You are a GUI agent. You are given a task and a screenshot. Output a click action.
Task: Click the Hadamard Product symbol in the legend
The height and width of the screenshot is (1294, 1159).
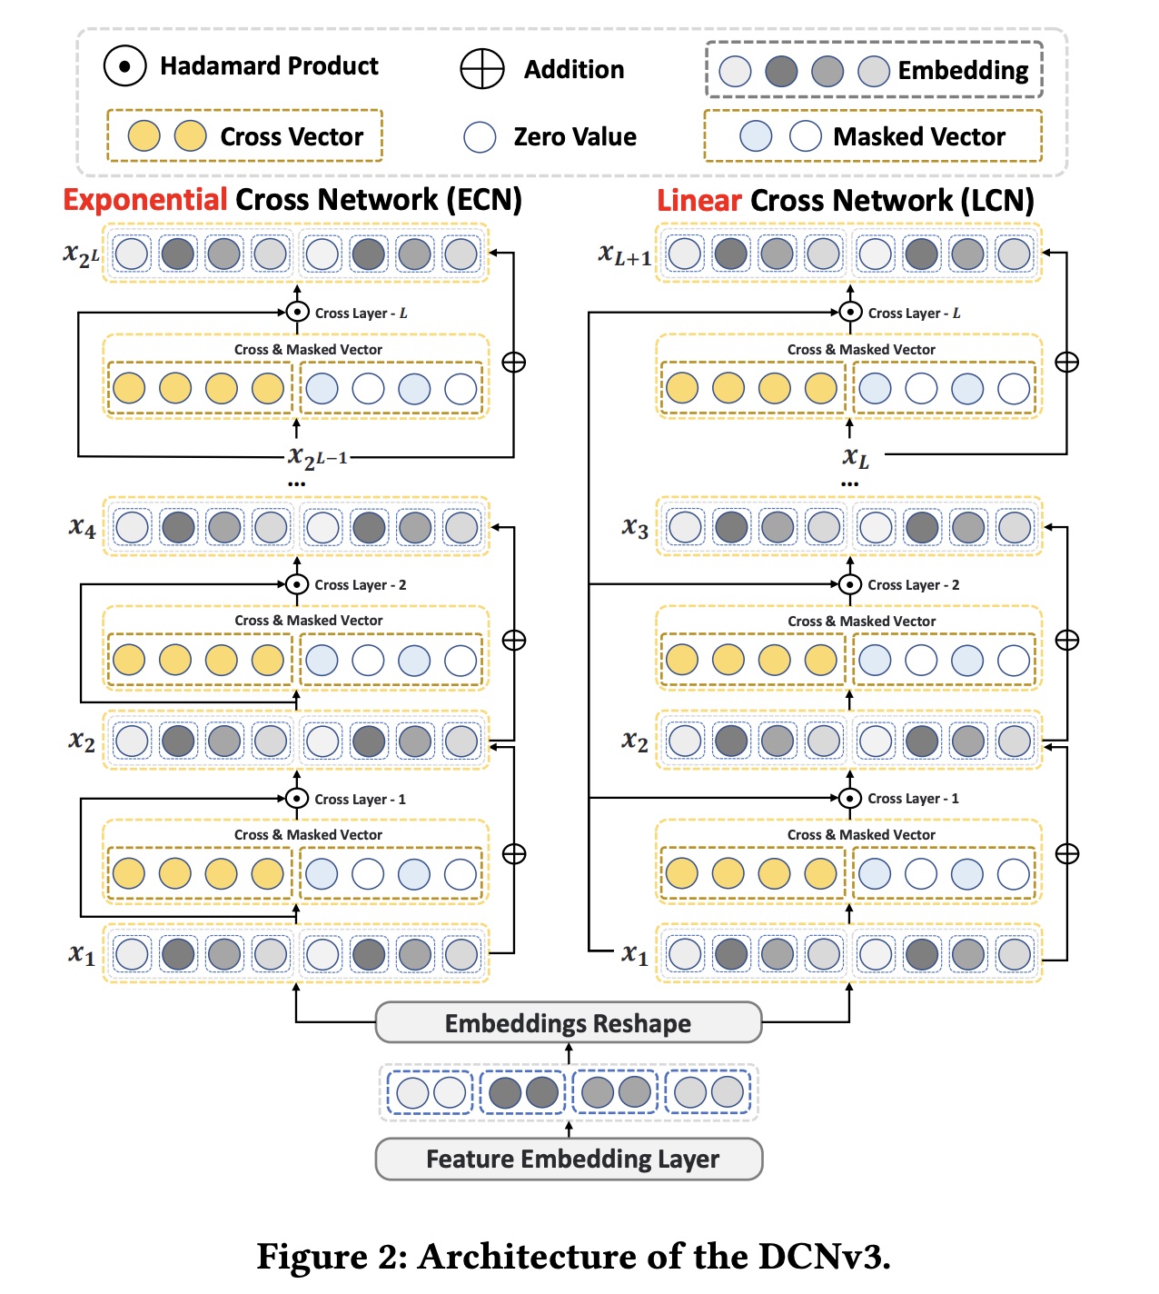125,66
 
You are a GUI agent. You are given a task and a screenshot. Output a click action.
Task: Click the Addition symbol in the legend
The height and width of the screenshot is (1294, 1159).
481,69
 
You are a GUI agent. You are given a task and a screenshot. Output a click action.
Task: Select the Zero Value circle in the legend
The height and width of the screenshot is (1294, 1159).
480,137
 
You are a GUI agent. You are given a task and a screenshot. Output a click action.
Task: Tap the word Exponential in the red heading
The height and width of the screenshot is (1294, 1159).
145,200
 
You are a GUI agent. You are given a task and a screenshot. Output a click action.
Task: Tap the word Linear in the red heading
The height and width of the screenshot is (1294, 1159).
699,201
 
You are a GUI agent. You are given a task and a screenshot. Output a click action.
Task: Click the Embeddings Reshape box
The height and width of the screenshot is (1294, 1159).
568,1023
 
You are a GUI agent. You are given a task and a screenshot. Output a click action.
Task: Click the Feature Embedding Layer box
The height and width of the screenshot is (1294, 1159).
570,1160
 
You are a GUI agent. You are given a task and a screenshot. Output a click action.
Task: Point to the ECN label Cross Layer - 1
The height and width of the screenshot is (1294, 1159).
360,800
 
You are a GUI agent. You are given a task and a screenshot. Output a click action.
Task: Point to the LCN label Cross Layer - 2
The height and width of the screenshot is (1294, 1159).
913,585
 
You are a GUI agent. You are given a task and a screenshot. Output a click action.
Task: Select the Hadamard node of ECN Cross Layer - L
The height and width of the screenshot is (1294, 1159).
297,313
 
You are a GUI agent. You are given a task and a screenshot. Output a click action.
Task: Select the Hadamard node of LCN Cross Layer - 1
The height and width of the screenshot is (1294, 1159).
850,799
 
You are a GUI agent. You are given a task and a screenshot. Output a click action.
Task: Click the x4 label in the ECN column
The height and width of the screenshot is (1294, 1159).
82,528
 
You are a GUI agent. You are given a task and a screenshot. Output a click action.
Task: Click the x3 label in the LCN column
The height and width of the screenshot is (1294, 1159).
635,528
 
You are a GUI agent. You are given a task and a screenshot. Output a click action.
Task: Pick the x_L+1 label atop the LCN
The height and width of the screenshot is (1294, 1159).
625,255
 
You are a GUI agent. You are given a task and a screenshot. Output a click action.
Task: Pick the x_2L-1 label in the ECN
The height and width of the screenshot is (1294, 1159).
318,457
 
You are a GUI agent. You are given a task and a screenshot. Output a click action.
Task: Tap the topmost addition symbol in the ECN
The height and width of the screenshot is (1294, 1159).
514,363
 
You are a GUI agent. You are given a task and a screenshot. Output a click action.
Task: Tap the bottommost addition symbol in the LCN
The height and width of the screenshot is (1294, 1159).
1067,854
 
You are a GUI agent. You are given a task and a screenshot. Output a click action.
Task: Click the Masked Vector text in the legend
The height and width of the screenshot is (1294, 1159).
919,137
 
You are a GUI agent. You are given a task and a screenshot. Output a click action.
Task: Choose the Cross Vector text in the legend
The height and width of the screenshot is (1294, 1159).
292,137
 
